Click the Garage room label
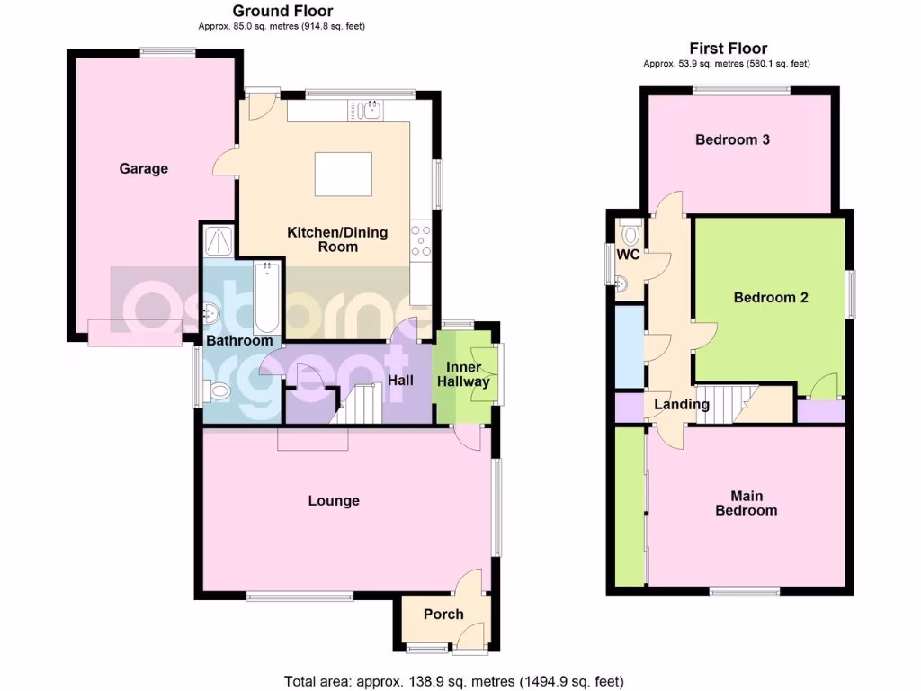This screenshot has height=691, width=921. [144, 168]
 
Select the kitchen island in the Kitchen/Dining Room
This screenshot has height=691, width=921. [343, 174]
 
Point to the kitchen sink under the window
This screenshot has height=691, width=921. [369, 111]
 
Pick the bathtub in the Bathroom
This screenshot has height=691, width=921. [267, 298]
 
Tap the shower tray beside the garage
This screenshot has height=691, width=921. [219, 240]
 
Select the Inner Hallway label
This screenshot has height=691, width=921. [464, 374]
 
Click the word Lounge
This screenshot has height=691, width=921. [334, 501]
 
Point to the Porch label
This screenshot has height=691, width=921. [443, 615]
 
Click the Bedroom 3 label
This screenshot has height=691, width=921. [732, 140]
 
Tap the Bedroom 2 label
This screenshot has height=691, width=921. [771, 298]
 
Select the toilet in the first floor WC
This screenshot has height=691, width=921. [630, 235]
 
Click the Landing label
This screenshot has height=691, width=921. [682, 405]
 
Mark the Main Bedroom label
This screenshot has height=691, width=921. [747, 503]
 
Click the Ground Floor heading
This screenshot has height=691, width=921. [282, 12]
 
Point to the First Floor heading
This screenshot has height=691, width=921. [729, 49]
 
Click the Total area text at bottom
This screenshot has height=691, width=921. [453, 681]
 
